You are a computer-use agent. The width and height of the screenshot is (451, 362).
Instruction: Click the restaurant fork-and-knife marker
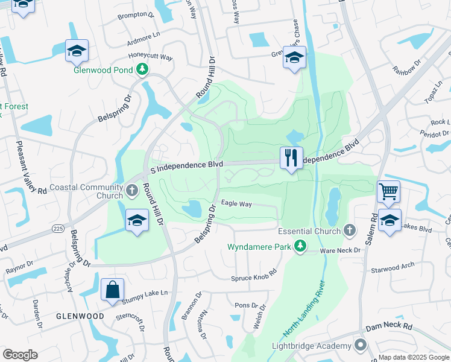coord(291,158)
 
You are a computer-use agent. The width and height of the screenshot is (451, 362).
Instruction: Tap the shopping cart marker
coord(388,192)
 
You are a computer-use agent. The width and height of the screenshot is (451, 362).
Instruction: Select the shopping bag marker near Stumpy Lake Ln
coord(112,290)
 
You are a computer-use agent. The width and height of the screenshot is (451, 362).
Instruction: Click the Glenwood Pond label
coord(103,70)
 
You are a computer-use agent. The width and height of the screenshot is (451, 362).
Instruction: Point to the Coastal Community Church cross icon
coord(132,191)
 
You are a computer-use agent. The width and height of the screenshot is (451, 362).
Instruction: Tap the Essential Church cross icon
coord(348,231)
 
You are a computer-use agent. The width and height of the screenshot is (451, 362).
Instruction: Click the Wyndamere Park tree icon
coord(298,246)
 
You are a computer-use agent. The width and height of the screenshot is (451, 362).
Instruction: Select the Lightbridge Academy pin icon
coord(360,345)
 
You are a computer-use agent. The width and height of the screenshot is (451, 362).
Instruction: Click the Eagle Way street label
coord(236,204)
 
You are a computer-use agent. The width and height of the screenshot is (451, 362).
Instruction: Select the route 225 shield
coord(58,229)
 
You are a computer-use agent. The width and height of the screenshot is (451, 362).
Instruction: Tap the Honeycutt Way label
coord(151,57)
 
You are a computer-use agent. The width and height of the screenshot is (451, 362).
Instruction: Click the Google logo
coord(20,354)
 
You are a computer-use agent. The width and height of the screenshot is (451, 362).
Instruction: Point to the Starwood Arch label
coord(393,265)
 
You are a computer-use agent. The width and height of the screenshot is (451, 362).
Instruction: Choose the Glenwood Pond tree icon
coord(142,70)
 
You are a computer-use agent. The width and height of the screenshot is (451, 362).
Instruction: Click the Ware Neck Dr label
coord(340,250)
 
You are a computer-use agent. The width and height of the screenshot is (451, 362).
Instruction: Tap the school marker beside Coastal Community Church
coord(137,220)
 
